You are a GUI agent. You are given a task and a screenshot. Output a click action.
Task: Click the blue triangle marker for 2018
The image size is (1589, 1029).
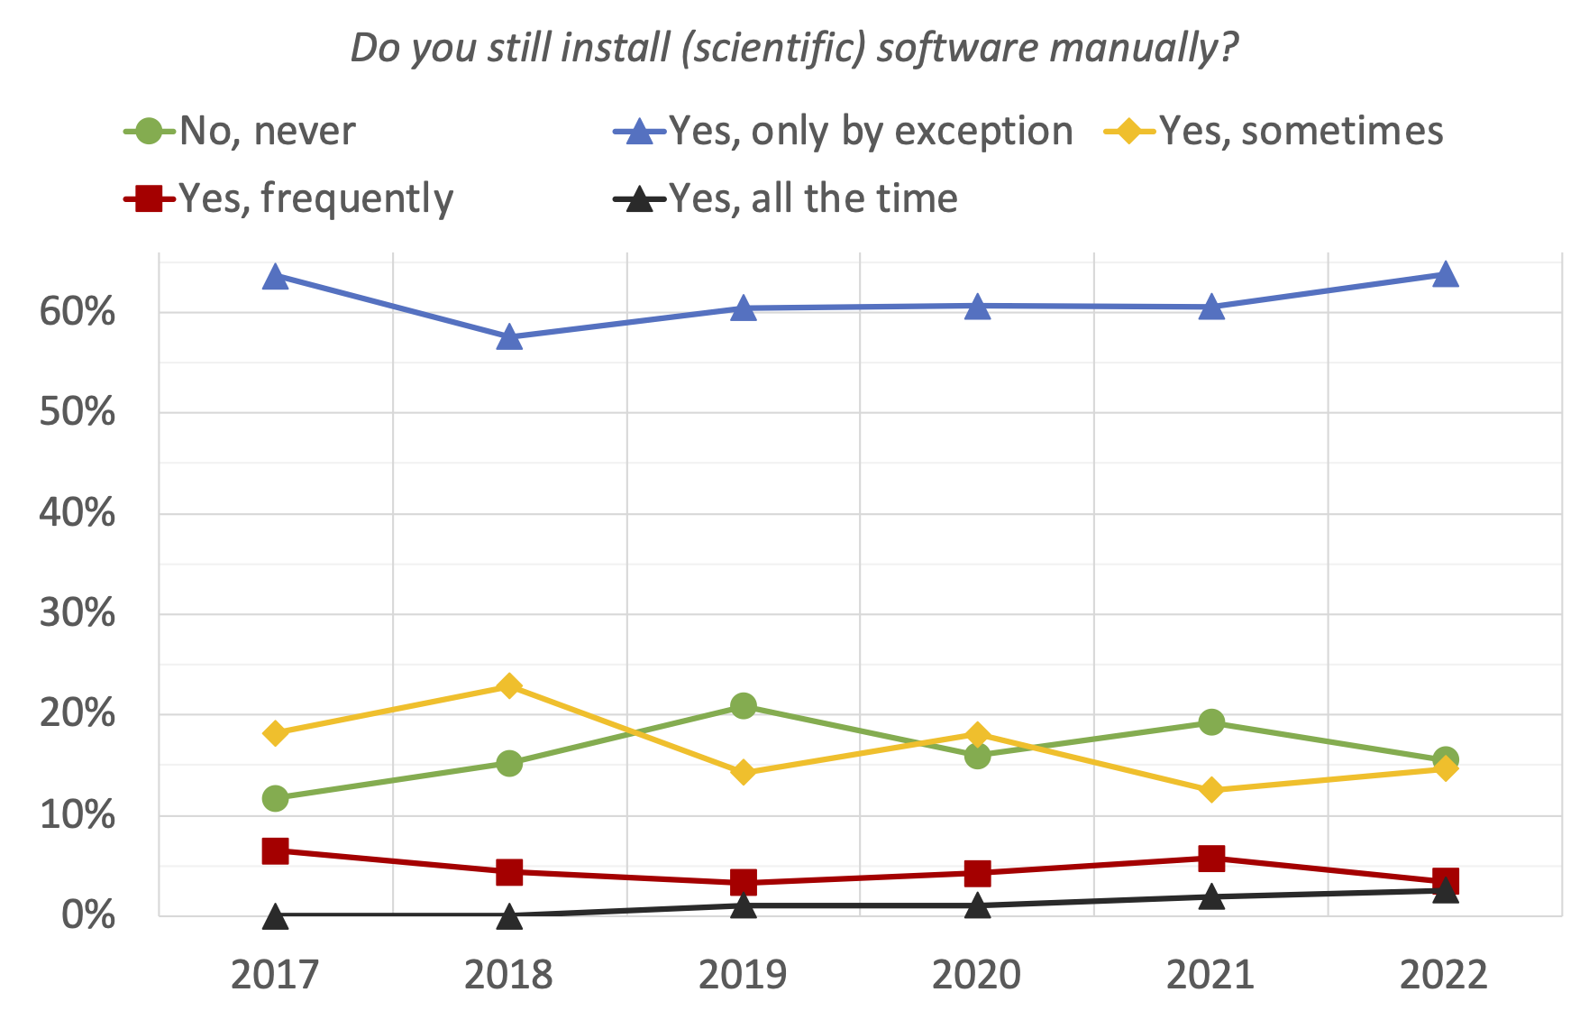click(x=509, y=337)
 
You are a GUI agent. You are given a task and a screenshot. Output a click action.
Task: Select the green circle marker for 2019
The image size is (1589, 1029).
click(x=744, y=705)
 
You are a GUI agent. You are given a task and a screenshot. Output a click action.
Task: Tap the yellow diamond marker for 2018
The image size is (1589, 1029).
click(x=509, y=686)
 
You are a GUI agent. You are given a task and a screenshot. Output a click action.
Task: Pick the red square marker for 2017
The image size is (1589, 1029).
click(x=275, y=850)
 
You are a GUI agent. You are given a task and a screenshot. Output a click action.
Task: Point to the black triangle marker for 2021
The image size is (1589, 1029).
click(x=1211, y=896)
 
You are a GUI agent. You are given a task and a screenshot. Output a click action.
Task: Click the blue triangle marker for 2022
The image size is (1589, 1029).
click(x=1445, y=273)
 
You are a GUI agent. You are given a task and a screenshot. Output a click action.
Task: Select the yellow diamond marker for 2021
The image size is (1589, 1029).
click(x=1211, y=790)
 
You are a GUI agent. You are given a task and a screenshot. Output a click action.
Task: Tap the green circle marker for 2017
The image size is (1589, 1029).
click(x=275, y=798)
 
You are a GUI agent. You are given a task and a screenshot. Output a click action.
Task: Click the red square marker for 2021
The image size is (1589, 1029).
click(x=1211, y=858)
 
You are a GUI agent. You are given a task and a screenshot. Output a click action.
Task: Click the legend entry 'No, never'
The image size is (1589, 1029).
click(x=240, y=132)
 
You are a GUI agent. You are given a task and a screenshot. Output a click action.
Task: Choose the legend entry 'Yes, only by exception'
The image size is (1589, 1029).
click(x=844, y=132)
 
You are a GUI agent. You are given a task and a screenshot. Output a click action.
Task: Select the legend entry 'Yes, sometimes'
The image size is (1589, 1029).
click(x=1274, y=132)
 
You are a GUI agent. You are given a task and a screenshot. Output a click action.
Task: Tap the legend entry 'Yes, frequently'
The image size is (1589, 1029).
click(x=288, y=198)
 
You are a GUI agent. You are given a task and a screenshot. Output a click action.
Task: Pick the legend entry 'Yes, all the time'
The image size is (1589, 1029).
click(x=786, y=198)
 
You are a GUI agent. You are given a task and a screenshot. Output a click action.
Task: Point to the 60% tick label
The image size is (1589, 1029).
click(x=78, y=312)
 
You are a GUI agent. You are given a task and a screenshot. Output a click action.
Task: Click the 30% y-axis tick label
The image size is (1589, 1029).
click(x=78, y=614)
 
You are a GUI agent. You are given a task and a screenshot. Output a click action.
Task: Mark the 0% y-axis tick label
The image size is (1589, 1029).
click(x=88, y=915)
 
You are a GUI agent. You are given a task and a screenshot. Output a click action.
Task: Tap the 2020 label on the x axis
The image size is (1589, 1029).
click(x=977, y=975)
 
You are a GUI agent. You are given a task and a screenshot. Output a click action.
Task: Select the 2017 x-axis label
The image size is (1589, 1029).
click(x=275, y=975)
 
